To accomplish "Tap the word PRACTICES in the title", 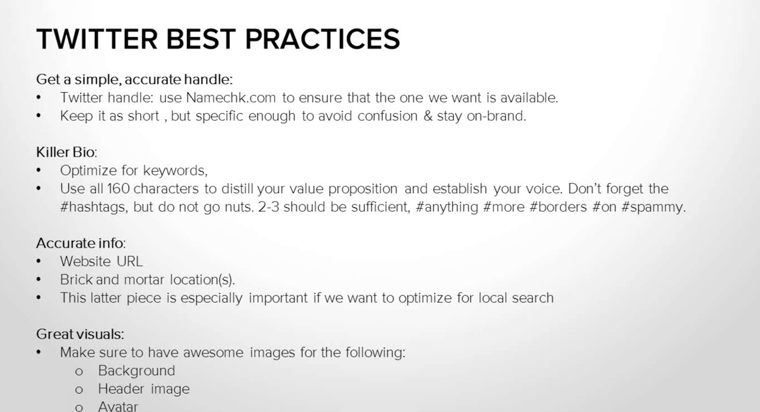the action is click(x=322, y=39).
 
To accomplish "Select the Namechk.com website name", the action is click(x=231, y=98).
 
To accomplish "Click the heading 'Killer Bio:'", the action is click(x=67, y=152).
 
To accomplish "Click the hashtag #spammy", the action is click(x=653, y=207).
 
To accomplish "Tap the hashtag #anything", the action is click(x=446, y=207).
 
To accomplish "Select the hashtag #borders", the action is click(x=558, y=207).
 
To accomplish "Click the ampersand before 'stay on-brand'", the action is click(x=428, y=116).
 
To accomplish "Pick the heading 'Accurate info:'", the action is click(x=81, y=243).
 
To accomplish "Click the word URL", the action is click(x=130, y=261).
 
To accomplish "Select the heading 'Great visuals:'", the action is click(x=80, y=334).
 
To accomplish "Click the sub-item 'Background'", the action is click(x=136, y=371).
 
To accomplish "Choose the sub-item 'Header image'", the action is click(x=144, y=389).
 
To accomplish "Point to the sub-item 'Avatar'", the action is click(x=118, y=406).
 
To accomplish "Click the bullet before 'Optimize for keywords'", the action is click(x=39, y=171).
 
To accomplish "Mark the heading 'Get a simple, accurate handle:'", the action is click(x=134, y=79).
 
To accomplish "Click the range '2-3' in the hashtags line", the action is click(x=269, y=207).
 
